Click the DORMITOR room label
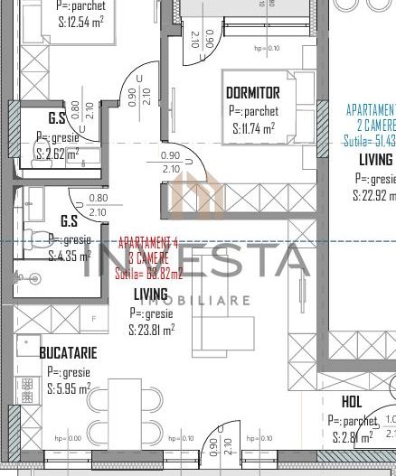252,93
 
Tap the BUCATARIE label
68,354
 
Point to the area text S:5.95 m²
69,388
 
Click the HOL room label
352,403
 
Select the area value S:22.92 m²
374,194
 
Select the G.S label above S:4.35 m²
68,220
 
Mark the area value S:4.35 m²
65,256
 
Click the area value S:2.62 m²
58,154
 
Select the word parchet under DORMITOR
263,111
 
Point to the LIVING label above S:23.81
151,294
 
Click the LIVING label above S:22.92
375,160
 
